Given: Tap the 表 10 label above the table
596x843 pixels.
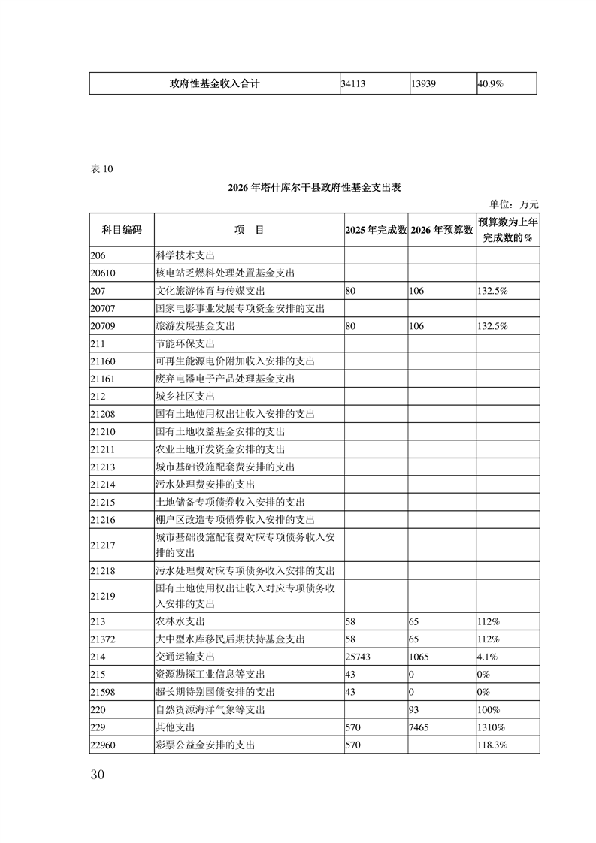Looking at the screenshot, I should point(101,168).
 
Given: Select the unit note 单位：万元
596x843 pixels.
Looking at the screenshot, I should point(514,204).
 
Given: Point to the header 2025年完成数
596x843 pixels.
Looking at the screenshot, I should point(376,230).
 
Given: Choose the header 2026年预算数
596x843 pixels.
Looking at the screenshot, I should point(441,230).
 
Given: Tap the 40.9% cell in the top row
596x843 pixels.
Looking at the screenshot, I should point(491,84).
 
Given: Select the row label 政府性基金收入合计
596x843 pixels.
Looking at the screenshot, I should point(215,83).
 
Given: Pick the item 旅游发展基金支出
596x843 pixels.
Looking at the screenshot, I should point(195,326).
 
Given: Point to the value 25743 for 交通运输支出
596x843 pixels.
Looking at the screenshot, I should point(358,657).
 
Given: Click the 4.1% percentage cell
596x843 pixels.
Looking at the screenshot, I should point(486,657).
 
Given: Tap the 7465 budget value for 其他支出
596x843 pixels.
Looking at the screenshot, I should point(421,727).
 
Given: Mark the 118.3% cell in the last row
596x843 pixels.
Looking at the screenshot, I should point(492,745).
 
